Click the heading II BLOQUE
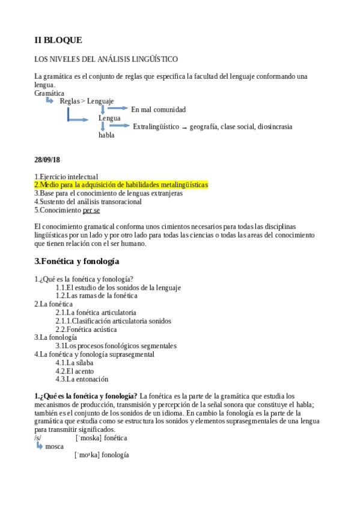tap(58, 40)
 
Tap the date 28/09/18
tap(47, 159)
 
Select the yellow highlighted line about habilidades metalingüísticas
tap(121, 185)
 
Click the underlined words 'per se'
tap(91, 210)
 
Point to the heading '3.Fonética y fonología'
tap(77, 262)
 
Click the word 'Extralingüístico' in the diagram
tap(156, 126)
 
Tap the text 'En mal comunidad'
tap(158, 109)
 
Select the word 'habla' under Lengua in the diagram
tap(106, 135)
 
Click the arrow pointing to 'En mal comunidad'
tap(118, 108)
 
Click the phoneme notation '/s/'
tap(38, 438)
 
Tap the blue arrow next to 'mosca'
tap(40, 446)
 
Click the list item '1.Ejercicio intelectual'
tap(66, 176)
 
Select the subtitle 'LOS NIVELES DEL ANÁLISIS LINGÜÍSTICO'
tap(106, 59)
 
